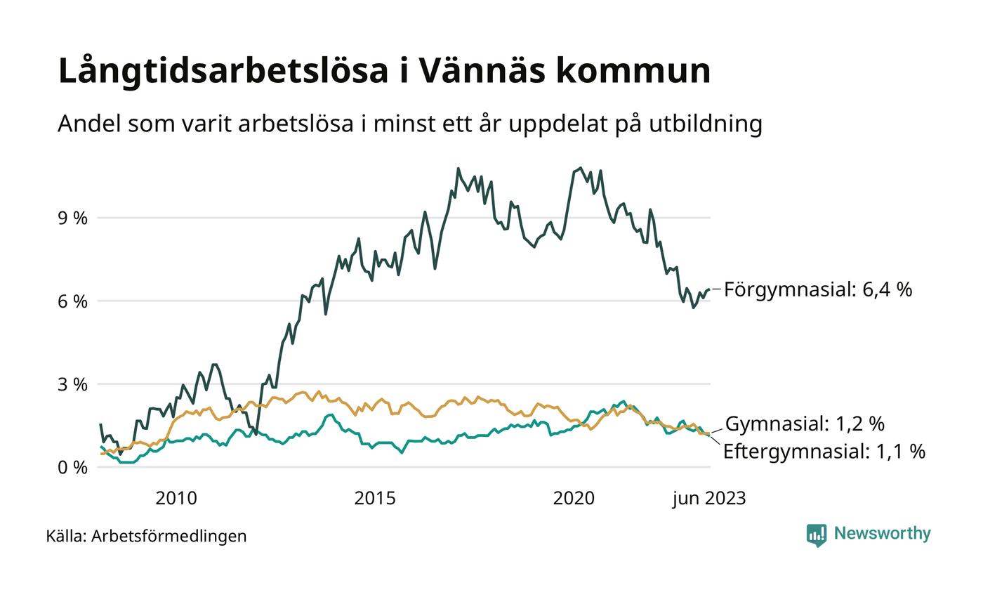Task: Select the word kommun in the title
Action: [x=633, y=71]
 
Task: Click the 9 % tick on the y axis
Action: [x=73, y=218]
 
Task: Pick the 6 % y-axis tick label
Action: [x=73, y=301]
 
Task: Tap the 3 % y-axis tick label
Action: [x=73, y=384]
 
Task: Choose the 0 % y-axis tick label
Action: [x=73, y=467]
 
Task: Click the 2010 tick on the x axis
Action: [x=176, y=499]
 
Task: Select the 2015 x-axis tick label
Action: [x=375, y=499]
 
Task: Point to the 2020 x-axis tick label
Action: [x=574, y=499]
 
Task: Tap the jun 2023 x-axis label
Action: [x=709, y=499]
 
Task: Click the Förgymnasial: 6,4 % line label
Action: [x=818, y=289]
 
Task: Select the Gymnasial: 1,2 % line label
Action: [x=805, y=424]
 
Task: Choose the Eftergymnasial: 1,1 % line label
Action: [x=824, y=451]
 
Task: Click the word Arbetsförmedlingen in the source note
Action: [x=169, y=536]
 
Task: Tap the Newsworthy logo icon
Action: [x=817, y=535]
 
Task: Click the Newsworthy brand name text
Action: [x=883, y=534]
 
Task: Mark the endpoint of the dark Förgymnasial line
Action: [x=709, y=289]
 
